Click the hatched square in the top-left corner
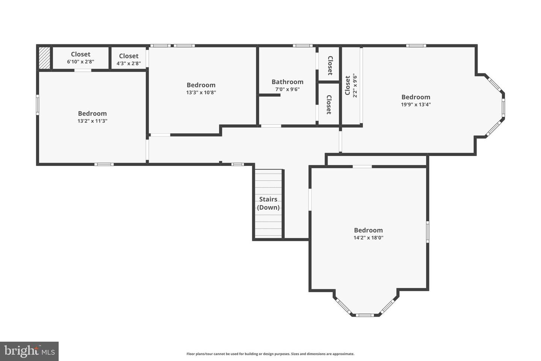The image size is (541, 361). tap(44, 58)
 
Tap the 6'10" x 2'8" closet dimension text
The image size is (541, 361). tap(80, 62)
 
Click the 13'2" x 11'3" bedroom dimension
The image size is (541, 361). tap(92, 121)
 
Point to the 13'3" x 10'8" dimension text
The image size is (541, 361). tap(201, 93)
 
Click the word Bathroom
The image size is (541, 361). tap(287, 82)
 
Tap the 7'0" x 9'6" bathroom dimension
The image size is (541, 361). tap(287, 89)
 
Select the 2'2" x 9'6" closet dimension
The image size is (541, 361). tap(355, 86)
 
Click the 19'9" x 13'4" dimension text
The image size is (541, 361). tap(416, 105)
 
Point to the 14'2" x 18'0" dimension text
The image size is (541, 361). tap(368, 238)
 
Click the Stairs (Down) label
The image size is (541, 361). tap(268, 203)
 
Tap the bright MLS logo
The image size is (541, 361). tap(29, 351)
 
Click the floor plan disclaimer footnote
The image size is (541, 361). tap(270, 354)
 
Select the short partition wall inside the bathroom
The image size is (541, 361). tap(269, 95)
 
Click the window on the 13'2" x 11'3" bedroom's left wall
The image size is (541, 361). tap(38, 105)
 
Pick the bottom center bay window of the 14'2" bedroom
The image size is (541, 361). tap(365, 315)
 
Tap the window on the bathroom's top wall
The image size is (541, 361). tap(303, 46)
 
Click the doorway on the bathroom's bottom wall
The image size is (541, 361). tap(271, 126)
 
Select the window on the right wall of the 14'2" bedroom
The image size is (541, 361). tap(428, 232)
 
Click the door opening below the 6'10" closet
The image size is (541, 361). tap(83, 70)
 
